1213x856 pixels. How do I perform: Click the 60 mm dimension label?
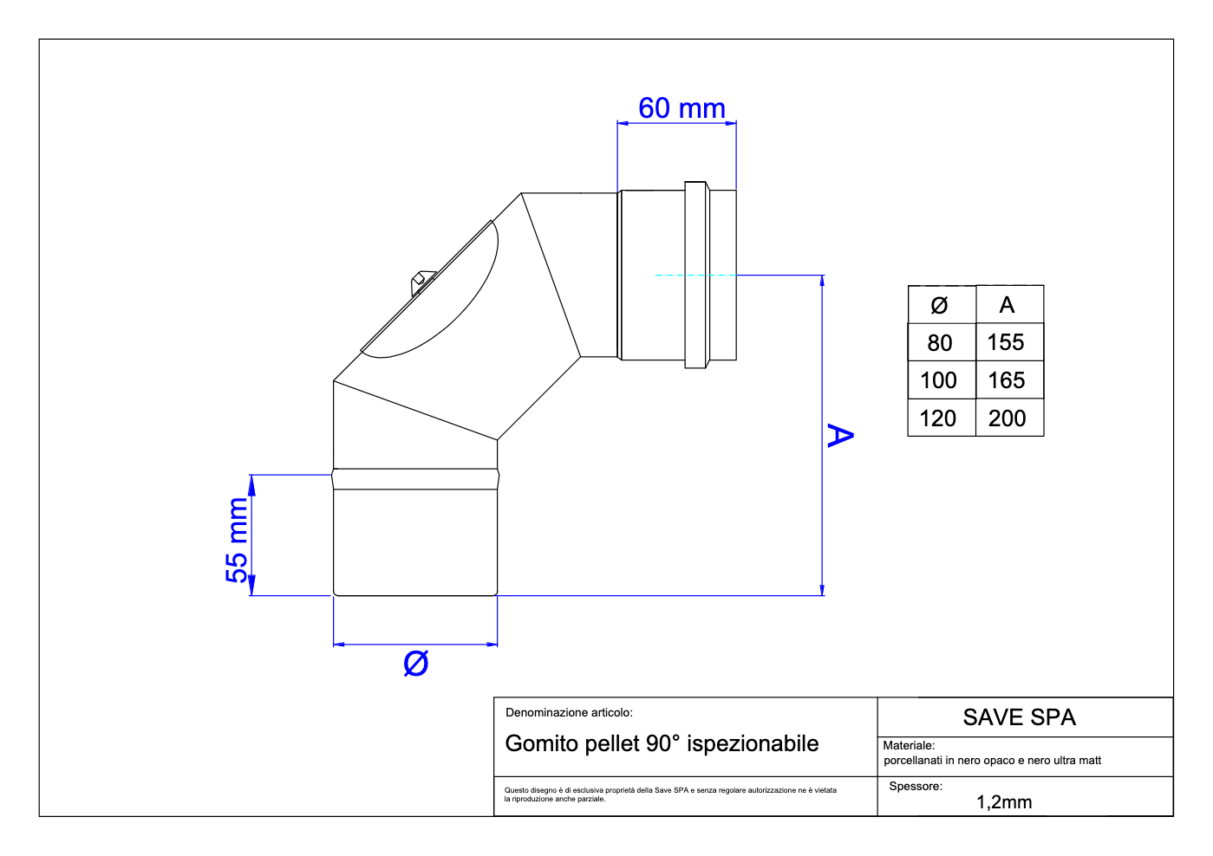point(681,108)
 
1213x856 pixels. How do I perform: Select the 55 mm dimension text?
point(237,540)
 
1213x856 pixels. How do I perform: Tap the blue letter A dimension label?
point(839,435)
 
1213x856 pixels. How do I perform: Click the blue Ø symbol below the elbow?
point(416,664)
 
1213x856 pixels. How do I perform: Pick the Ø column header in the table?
point(939,305)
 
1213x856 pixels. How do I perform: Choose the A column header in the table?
point(1007,305)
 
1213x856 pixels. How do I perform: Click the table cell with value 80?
point(940,343)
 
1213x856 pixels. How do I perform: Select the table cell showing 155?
point(1006,342)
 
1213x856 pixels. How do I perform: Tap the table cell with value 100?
point(939,380)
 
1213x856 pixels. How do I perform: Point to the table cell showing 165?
point(1006,380)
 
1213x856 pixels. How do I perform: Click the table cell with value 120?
point(938,418)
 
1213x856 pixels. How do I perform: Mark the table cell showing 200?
point(1007,418)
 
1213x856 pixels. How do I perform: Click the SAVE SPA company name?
point(1019,717)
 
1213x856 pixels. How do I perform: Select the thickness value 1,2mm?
point(1004,802)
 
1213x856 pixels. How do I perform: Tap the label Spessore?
point(916,787)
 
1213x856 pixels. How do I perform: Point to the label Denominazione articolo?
point(569,712)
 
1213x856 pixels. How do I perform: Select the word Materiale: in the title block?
point(909,745)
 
